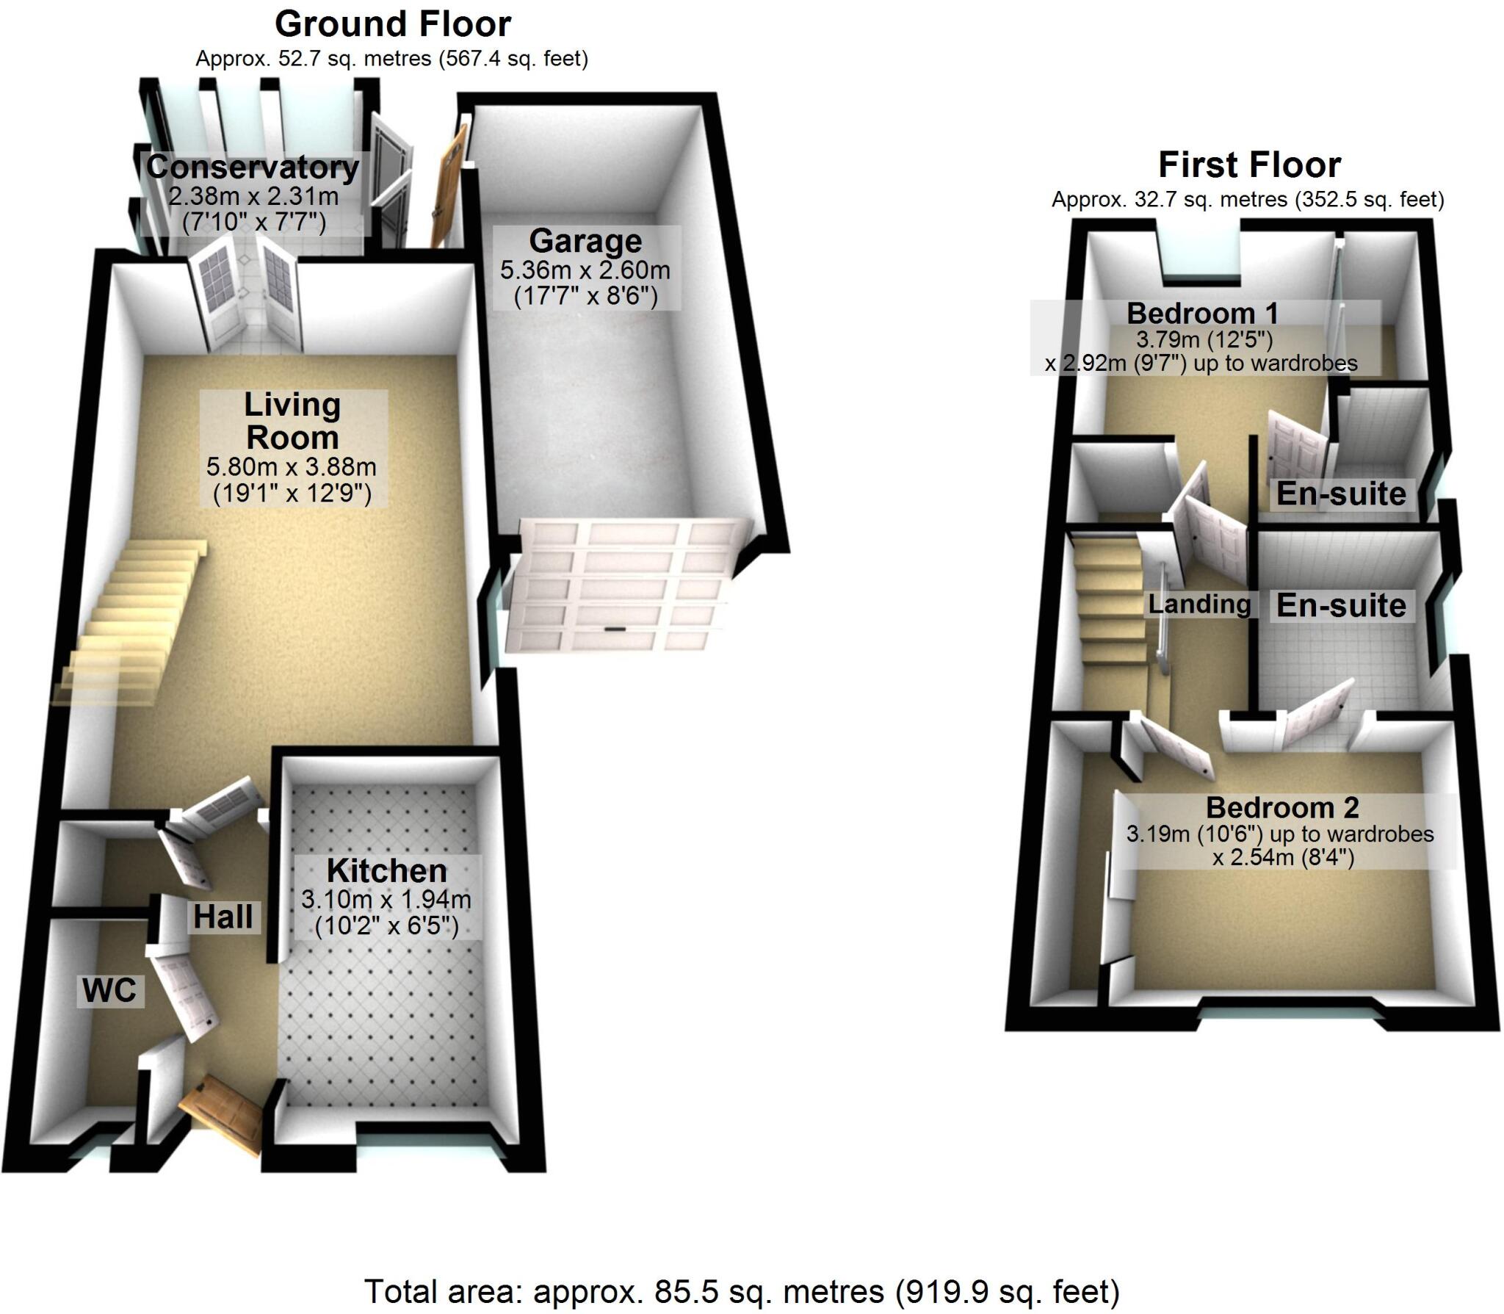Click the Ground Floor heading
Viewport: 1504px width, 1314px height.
point(393,25)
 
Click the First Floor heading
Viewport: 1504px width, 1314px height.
point(1249,165)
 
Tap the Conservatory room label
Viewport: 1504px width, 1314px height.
point(253,167)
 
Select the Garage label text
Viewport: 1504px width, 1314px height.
point(585,241)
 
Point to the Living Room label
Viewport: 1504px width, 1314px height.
point(292,421)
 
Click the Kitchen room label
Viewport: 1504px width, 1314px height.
point(387,871)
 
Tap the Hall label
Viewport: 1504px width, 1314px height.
point(223,917)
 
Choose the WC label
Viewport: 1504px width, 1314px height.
point(109,991)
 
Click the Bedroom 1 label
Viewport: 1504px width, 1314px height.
point(1203,314)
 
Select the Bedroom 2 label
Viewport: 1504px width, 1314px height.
point(1282,808)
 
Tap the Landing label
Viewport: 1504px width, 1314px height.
point(1199,604)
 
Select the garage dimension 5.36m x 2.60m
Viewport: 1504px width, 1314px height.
point(585,270)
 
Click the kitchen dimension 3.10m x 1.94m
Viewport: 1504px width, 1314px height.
point(386,899)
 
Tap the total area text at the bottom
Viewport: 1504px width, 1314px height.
point(742,1290)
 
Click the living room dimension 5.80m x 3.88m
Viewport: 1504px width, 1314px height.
point(292,466)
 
